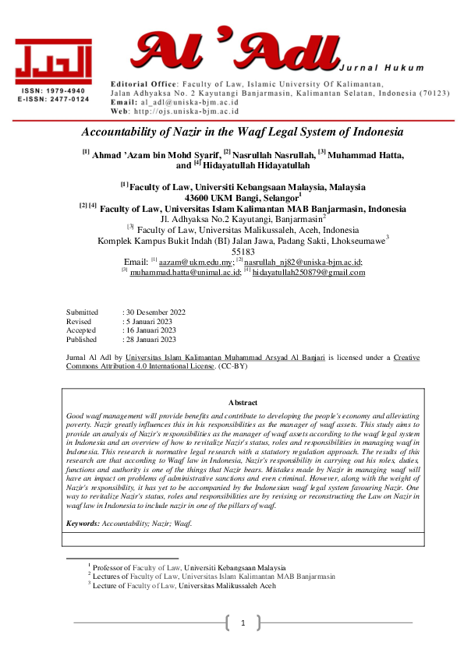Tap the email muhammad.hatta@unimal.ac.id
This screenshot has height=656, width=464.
(x=176, y=272)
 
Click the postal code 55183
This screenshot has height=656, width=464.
(x=243, y=252)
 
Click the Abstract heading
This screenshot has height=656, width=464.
(x=242, y=403)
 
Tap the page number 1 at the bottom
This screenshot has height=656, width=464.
(x=243, y=622)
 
